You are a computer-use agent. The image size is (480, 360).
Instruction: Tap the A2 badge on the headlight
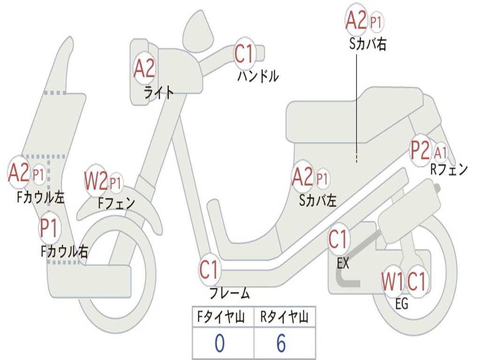pyautogui.click(x=144, y=69)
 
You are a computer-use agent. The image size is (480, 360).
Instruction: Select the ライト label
pyautogui.click(x=158, y=92)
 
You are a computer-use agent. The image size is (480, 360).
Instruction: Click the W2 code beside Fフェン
pyautogui.click(x=96, y=181)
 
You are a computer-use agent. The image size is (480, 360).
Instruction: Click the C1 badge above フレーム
pyautogui.click(x=210, y=270)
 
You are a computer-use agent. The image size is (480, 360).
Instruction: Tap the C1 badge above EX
pyautogui.click(x=338, y=239)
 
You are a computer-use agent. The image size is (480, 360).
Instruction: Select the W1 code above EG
pyautogui.click(x=392, y=282)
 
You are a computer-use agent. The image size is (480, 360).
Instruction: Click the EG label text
pyautogui.click(x=402, y=304)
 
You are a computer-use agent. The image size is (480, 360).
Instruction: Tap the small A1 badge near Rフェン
pyautogui.click(x=441, y=152)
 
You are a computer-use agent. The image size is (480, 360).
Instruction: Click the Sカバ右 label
pyautogui.click(x=368, y=44)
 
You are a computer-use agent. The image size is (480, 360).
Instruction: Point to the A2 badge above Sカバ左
pyautogui.click(x=302, y=178)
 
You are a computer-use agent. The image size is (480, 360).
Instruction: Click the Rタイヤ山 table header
pyautogui.click(x=284, y=318)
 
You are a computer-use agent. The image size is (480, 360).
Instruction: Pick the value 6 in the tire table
pyautogui.click(x=281, y=344)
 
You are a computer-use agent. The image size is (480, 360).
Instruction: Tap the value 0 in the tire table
pyautogui.click(x=219, y=344)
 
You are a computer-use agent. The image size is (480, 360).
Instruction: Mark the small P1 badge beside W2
pyautogui.click(x=115, y=182)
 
